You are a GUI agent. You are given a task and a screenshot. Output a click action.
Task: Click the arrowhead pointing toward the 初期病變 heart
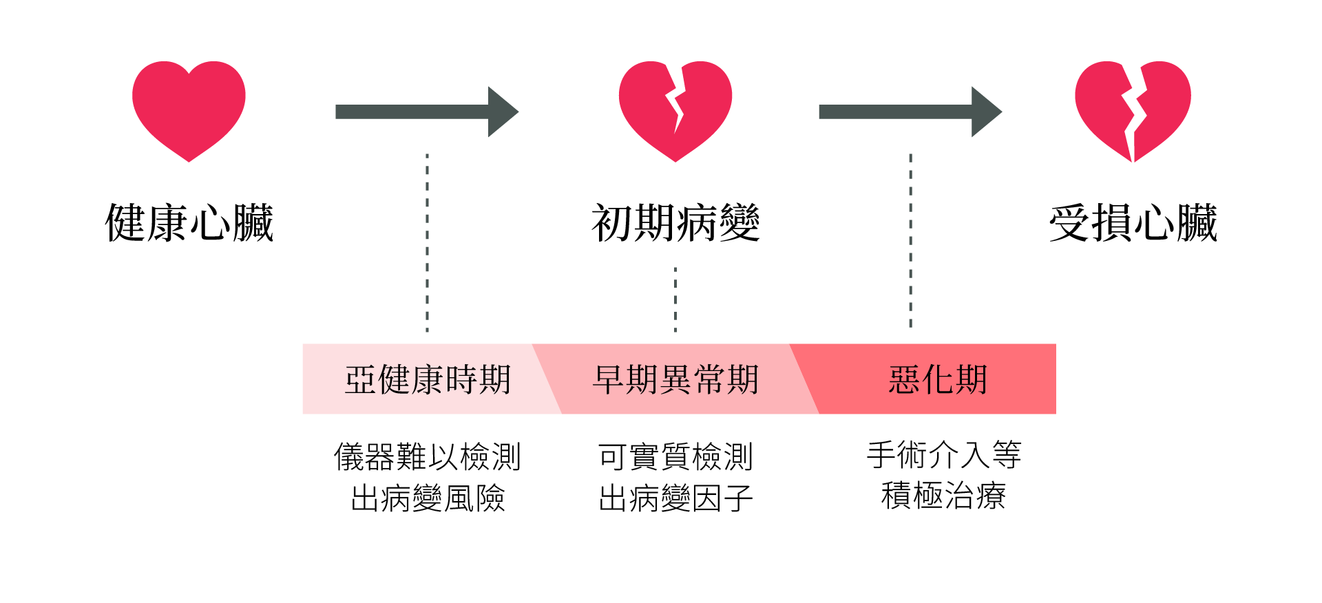click(502, 112)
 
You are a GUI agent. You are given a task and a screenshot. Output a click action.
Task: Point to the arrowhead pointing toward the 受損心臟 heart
click(985, 112)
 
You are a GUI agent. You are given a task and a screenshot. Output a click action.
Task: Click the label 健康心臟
click(189, 223)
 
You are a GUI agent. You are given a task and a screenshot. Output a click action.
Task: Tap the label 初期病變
click(675, 223)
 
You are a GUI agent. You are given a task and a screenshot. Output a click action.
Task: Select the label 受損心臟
click(1133, 223)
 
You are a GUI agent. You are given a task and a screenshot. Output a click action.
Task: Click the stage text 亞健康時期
click(428, 379)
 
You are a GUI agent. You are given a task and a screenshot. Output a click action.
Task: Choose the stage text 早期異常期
click(675, 379)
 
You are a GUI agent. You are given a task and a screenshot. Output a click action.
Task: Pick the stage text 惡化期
click(938, 379)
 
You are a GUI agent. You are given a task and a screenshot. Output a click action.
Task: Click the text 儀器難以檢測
click(428, 456)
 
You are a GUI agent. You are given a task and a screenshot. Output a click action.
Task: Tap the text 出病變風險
click(428, 498)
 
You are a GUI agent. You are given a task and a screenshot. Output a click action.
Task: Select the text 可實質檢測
click(675, 456)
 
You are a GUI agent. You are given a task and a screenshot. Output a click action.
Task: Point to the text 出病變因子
click(675, 498)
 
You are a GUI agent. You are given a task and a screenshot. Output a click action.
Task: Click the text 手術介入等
click(943, 455)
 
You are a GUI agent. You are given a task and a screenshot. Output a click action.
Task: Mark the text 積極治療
click(943, 496)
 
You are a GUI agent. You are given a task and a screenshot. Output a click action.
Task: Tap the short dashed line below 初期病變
click(675, 299)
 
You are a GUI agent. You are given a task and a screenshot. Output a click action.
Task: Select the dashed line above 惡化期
click(910, 241)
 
